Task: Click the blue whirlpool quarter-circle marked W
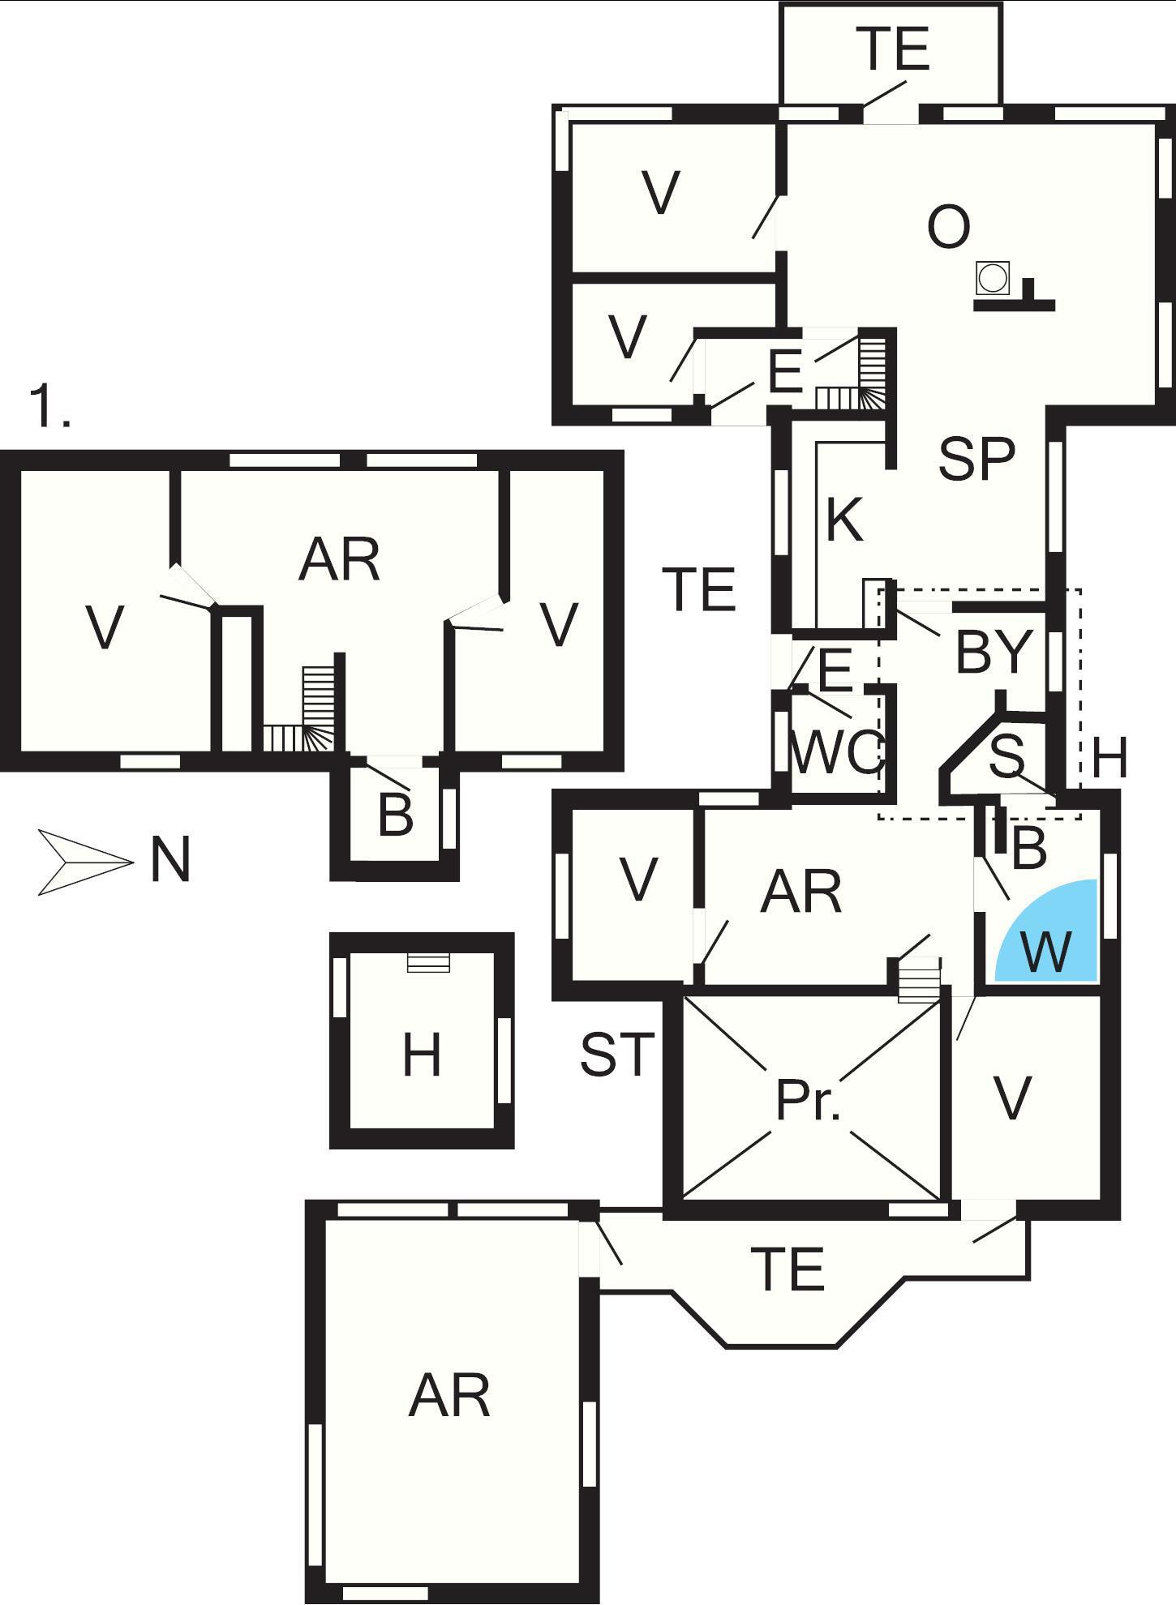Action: tap(1050, 936)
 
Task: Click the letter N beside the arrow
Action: tap(170, 861)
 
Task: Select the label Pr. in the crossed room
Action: tap(808, 1101)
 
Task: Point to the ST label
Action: tap(616, 1055)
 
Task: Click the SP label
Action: tap(976, 459)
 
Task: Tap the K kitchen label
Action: tap(844, 520)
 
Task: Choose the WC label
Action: tap(835, 752)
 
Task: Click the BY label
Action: tap(994, 652)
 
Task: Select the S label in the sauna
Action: tap(1007, 755)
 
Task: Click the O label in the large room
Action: tap(948, 227)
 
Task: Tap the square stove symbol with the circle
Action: tap(992, 278)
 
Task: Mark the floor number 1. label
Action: tap(49, 407)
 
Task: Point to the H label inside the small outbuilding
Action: tap(422, 1056)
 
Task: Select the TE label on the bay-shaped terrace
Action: tap(788, 1269)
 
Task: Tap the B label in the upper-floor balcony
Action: tap(395, 815)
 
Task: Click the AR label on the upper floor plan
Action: tap(339, 559)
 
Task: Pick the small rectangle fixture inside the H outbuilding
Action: tap(427, 962)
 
